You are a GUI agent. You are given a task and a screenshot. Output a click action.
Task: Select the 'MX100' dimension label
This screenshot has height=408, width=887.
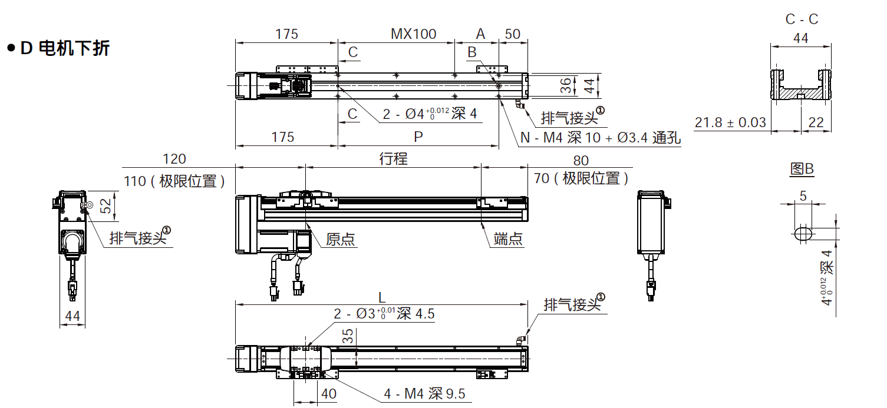click(414, 34)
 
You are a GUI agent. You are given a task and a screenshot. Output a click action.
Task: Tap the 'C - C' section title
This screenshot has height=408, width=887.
click(802, 19)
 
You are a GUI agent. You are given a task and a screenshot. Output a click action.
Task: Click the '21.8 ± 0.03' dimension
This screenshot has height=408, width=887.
click(730, 122)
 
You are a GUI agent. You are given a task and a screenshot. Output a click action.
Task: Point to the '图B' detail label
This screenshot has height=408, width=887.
click(802, 170)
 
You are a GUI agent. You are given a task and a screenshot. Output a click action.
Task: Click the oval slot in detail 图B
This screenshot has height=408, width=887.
click(802, 233)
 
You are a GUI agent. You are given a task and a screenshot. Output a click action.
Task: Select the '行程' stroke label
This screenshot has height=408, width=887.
click(393, 158)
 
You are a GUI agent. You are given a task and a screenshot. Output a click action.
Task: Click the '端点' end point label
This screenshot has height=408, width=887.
click(508, 239)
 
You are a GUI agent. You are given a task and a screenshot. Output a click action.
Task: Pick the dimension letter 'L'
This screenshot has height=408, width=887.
click(382, 297)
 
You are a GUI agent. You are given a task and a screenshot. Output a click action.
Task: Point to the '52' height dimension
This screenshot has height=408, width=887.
click(105, 205)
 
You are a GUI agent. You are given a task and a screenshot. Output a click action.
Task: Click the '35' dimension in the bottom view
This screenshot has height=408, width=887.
click(348, 336)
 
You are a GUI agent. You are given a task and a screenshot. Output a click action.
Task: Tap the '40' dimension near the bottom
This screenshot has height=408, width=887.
click(328, 393)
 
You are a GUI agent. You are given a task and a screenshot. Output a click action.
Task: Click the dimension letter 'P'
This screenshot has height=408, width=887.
click(418, 137)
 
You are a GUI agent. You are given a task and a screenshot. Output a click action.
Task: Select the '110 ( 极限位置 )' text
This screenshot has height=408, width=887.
click(174, 181)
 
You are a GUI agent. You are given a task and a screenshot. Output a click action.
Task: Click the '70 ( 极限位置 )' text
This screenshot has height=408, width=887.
click(581, 178)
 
